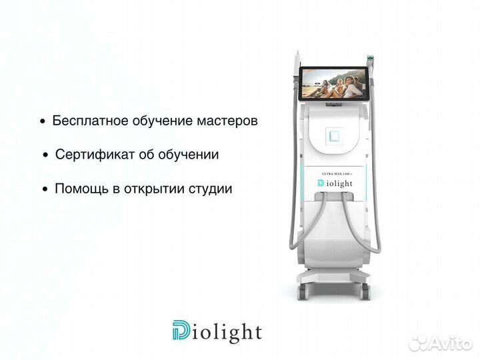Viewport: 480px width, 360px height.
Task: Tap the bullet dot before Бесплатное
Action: click(x=43, y=122)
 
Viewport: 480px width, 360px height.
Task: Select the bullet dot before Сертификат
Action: click(x=46, y=155)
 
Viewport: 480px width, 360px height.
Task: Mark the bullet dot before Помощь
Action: click(x=45, y=189)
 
